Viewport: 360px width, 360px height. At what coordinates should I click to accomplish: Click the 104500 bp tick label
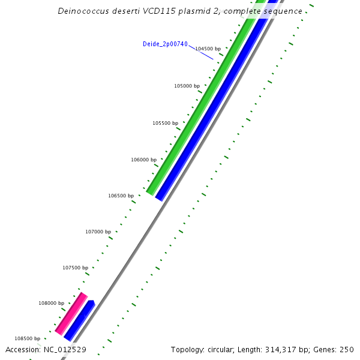pos(208,49)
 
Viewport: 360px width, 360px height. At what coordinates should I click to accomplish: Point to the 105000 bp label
pos(187,86)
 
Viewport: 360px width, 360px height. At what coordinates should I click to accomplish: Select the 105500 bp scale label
pos(165,123)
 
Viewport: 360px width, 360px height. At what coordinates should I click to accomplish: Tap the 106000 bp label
pos(143,160)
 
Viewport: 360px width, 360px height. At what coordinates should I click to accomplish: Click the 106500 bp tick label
pos(121,196)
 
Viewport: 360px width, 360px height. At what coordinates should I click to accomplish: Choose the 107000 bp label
pos(98,232)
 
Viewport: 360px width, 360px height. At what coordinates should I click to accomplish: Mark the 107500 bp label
pos(75,268)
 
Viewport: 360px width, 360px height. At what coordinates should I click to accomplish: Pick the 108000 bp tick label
pos(52,303)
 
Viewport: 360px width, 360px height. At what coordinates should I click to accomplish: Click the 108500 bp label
pos(28,338)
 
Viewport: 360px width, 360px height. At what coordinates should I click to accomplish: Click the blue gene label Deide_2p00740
pos(165,44)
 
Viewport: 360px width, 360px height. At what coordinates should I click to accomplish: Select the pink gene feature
pos(71,313)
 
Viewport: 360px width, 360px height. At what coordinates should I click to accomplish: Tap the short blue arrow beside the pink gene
pos(80,320)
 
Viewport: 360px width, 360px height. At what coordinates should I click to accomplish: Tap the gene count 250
pos(347,349)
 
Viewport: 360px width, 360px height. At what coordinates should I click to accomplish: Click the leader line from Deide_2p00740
pos(201,52)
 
